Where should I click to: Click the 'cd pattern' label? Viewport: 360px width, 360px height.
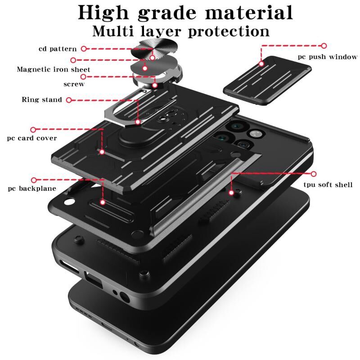[x=58, y=49]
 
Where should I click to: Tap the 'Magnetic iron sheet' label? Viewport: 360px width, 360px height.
[x=54, y=69]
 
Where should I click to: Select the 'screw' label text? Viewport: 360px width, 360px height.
[x=74, y=84]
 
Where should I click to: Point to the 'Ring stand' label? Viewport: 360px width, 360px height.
[x=42, y=99]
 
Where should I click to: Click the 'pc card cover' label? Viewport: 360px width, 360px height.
[x=32, y=138]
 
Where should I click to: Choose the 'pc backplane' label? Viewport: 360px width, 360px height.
[x=32, y=189]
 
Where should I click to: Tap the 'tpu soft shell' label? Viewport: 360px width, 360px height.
[x=328, y=184]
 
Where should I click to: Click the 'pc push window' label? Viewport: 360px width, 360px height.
[x=328, y=57]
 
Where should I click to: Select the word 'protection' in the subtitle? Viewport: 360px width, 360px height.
[x=229, y=31]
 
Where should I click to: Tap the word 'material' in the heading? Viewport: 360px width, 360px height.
[x=249, y=13]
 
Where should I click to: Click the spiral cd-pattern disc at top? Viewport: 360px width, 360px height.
[x=154, y=49]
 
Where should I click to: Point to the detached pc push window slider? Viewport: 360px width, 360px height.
[x=267, y=81]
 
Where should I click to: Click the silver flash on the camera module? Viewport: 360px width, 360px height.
[x=255, y=134]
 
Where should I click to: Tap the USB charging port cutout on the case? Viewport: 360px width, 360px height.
[x=94, y=279]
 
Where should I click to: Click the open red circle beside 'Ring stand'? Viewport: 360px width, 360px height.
[x=69, y=100]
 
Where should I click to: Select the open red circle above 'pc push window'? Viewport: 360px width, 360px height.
[x=324, y=46]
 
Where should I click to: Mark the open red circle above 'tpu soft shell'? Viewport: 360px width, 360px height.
[x=314, y=174]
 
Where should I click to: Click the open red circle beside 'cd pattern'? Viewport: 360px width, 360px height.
[x=84, y=49]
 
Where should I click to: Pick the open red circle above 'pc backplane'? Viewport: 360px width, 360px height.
[x=34, y=180]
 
